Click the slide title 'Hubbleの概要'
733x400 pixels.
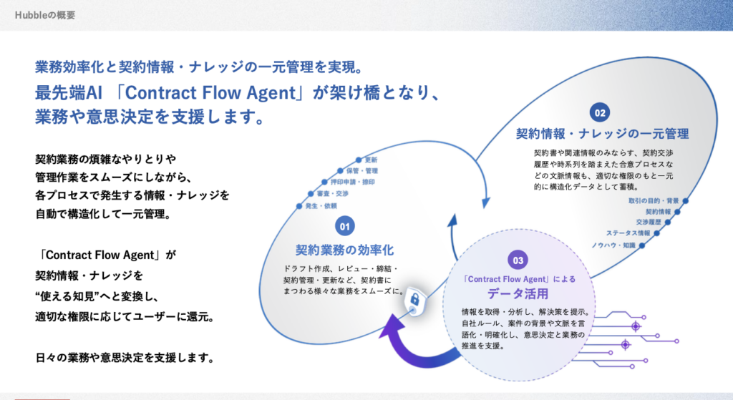coord(44,14)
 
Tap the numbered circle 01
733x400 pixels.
coord(344,226)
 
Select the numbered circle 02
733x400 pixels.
coord(599,112)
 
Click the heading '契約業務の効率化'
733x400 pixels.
coord(344,250)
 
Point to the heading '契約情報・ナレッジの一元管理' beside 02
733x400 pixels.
coord(602,134)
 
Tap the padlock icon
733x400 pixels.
coord(414,303)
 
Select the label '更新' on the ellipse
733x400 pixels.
coord(371,160)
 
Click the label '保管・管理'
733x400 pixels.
coord(361,171)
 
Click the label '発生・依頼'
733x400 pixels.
coord(320,205)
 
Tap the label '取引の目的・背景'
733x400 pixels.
coord(654,201)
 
